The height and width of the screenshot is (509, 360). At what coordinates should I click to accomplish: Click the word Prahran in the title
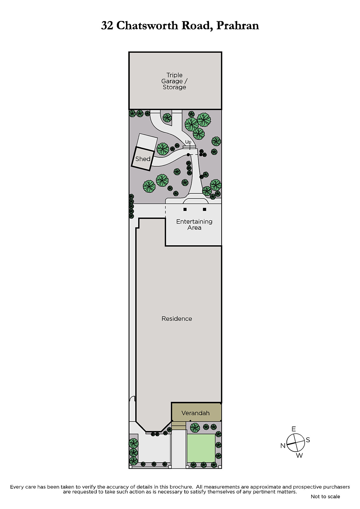click(x=237, y=26)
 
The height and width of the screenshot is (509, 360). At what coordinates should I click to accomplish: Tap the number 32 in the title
click(x=107, y=26)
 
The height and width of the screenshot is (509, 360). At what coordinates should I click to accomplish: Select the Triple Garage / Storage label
click(x=174, y=81)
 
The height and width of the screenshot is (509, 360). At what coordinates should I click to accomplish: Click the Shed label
click(x=143, y=159)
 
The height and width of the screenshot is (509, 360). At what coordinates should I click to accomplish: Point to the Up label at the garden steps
click(x=188, y=142)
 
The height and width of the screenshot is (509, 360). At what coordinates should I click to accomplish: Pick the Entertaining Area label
click(x=194, y=225)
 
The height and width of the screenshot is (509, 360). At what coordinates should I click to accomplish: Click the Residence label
click(x=177, y=318)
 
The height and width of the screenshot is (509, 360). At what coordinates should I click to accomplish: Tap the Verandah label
click(x=195, y=413)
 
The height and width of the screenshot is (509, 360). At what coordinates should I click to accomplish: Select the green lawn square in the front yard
click(x=201, y=448)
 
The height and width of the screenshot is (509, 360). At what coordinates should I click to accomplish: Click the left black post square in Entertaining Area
click(x=185, y=209)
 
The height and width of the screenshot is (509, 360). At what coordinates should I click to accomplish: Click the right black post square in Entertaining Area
click(x=204, y=209)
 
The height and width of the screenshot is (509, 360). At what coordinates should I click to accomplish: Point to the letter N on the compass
click(x=283, y=446)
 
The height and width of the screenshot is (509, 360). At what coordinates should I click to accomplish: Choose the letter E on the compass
click(x=293, y=429)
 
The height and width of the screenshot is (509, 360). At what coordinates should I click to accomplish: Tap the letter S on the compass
click(x=308, y=440)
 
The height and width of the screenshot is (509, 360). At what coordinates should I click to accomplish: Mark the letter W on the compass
click(x=299, y=455)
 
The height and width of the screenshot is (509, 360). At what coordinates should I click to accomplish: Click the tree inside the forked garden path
click(x=167, y=118)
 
